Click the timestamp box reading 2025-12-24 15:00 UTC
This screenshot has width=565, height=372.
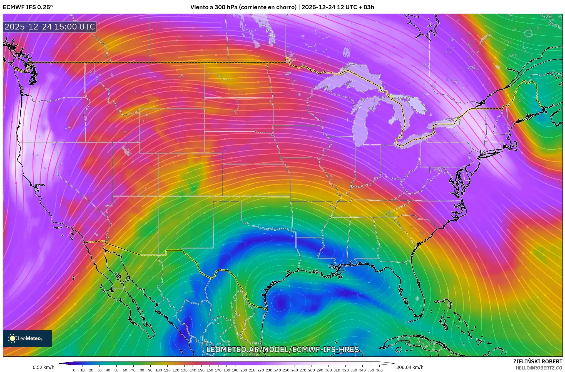point(50,27)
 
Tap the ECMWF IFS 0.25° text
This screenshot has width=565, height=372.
point(28,7)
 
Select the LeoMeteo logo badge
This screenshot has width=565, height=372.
point(27,338)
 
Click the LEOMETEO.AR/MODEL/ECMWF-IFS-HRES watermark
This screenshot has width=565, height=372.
point(283,349)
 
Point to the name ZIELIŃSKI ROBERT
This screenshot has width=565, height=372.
point(537,361)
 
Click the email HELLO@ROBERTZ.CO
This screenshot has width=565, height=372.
point(539,368)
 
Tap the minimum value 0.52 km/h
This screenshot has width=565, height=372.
point(43,367)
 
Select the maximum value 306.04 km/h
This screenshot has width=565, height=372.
point(410,367)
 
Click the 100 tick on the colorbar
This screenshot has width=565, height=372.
point(159,370)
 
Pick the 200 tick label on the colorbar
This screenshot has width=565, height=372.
point(243,370)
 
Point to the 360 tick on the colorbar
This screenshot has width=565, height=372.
point(379,370)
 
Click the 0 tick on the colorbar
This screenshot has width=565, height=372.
point(74,370)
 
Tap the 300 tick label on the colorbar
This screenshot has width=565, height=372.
point(328,370)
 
